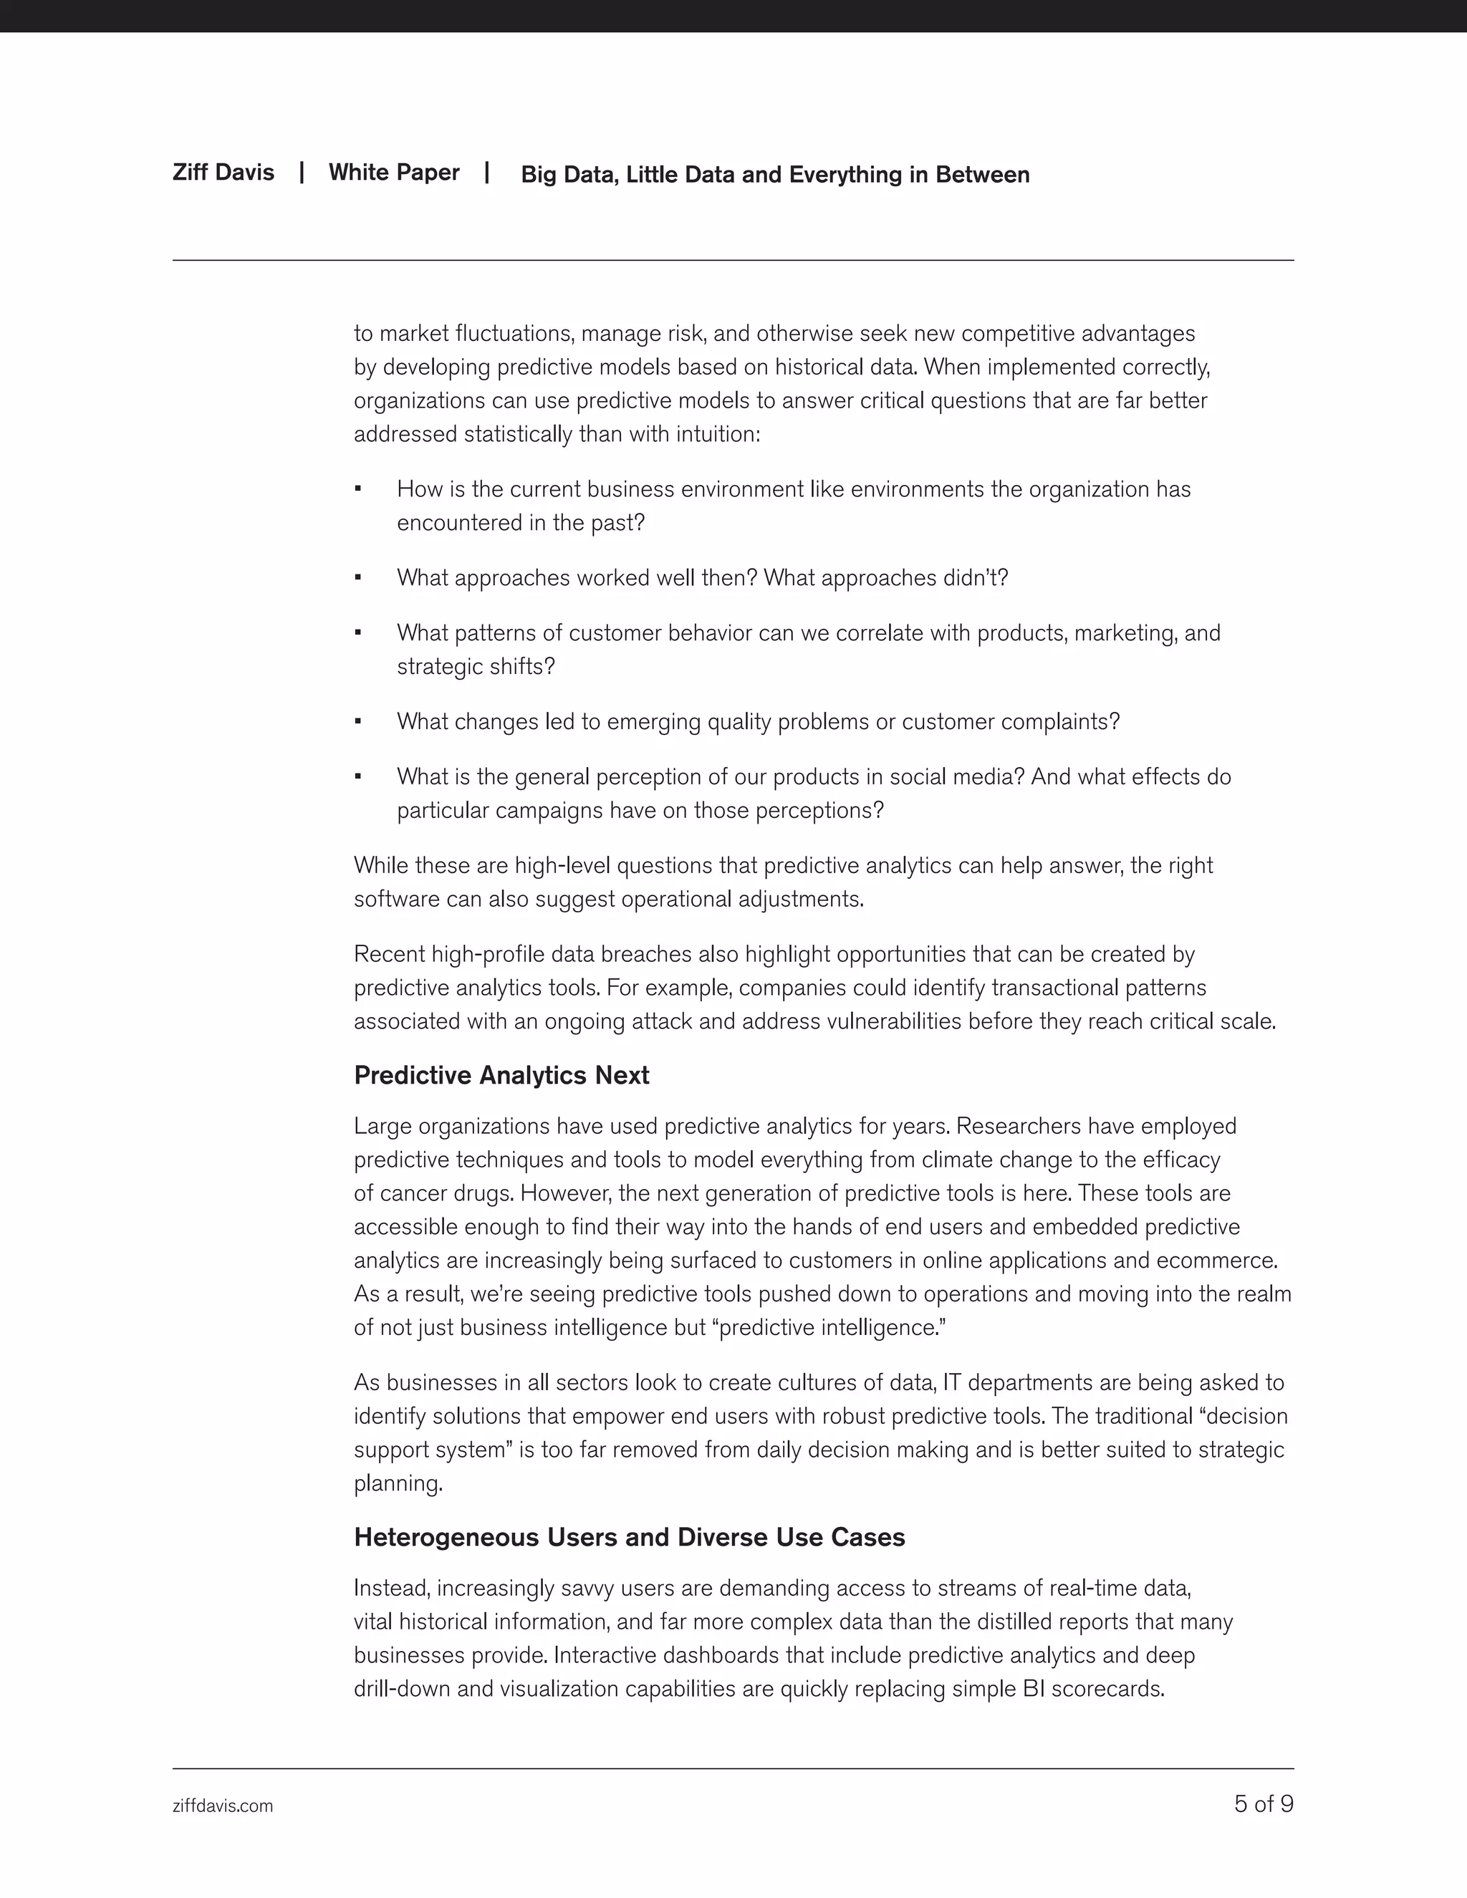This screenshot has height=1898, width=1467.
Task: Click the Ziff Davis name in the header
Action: click(223, 172)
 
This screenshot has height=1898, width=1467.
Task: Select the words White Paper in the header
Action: click(394, 172)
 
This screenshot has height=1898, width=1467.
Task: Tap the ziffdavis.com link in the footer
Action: click(223, 1806)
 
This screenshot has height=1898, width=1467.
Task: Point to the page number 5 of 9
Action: click(1263, 1804)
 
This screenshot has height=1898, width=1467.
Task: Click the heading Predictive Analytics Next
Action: click(501, 1075)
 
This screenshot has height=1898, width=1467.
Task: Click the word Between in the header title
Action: click(982, 175)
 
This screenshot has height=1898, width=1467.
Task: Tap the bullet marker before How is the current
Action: click(358, 489)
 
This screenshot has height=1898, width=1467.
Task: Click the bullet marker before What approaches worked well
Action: click(358, 578)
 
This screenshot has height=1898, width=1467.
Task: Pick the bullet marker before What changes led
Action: click(358, 721)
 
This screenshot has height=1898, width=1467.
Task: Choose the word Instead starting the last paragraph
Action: click(390, 1588)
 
